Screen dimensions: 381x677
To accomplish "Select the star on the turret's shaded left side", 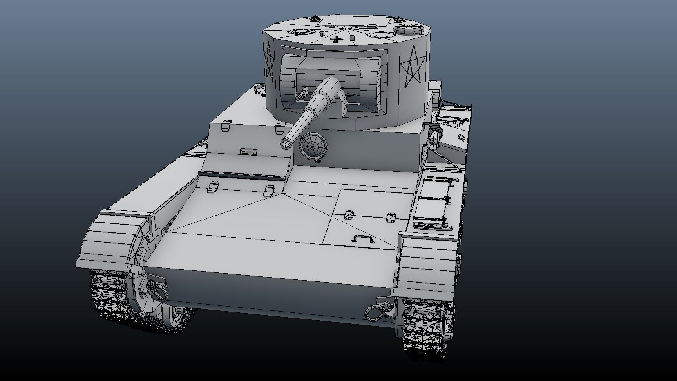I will [269, 64].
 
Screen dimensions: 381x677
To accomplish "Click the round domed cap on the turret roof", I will [407, 29].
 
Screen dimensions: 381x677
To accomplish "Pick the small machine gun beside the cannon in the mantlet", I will [303, 93].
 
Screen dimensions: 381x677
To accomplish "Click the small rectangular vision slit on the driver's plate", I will [249, 151].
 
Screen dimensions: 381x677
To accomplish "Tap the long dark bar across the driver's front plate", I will [241, 176].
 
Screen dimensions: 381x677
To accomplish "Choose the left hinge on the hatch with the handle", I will [349, 214].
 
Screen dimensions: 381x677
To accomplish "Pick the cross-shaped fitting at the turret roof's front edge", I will [335, 39].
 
